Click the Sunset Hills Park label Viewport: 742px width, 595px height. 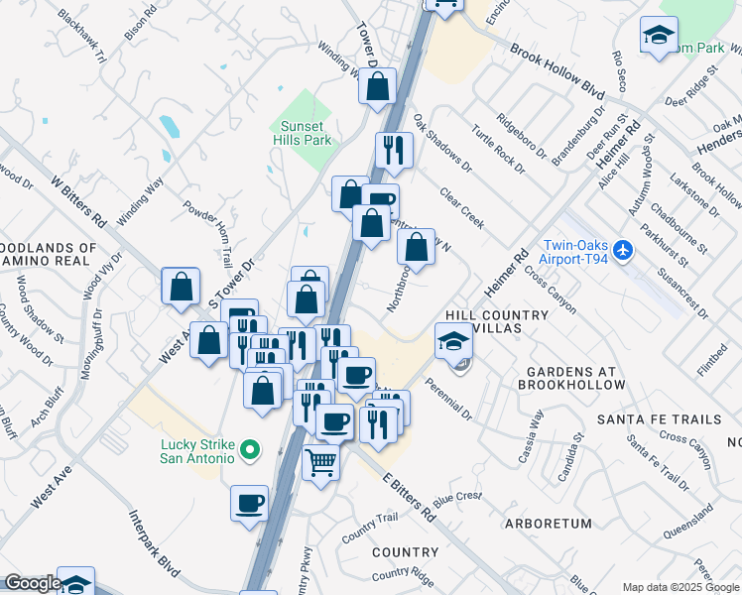pos(302,133)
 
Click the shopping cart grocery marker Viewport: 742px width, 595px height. pos(321,461)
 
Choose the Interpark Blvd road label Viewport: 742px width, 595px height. pos(155,544)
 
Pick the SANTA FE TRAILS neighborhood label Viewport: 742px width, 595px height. pos(657,420)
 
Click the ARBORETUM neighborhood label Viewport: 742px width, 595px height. pos(548,523)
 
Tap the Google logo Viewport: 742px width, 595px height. pos(33,583)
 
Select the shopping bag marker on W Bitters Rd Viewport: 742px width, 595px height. pos(182,288)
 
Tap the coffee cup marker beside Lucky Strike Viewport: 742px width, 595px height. pos(250,502)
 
